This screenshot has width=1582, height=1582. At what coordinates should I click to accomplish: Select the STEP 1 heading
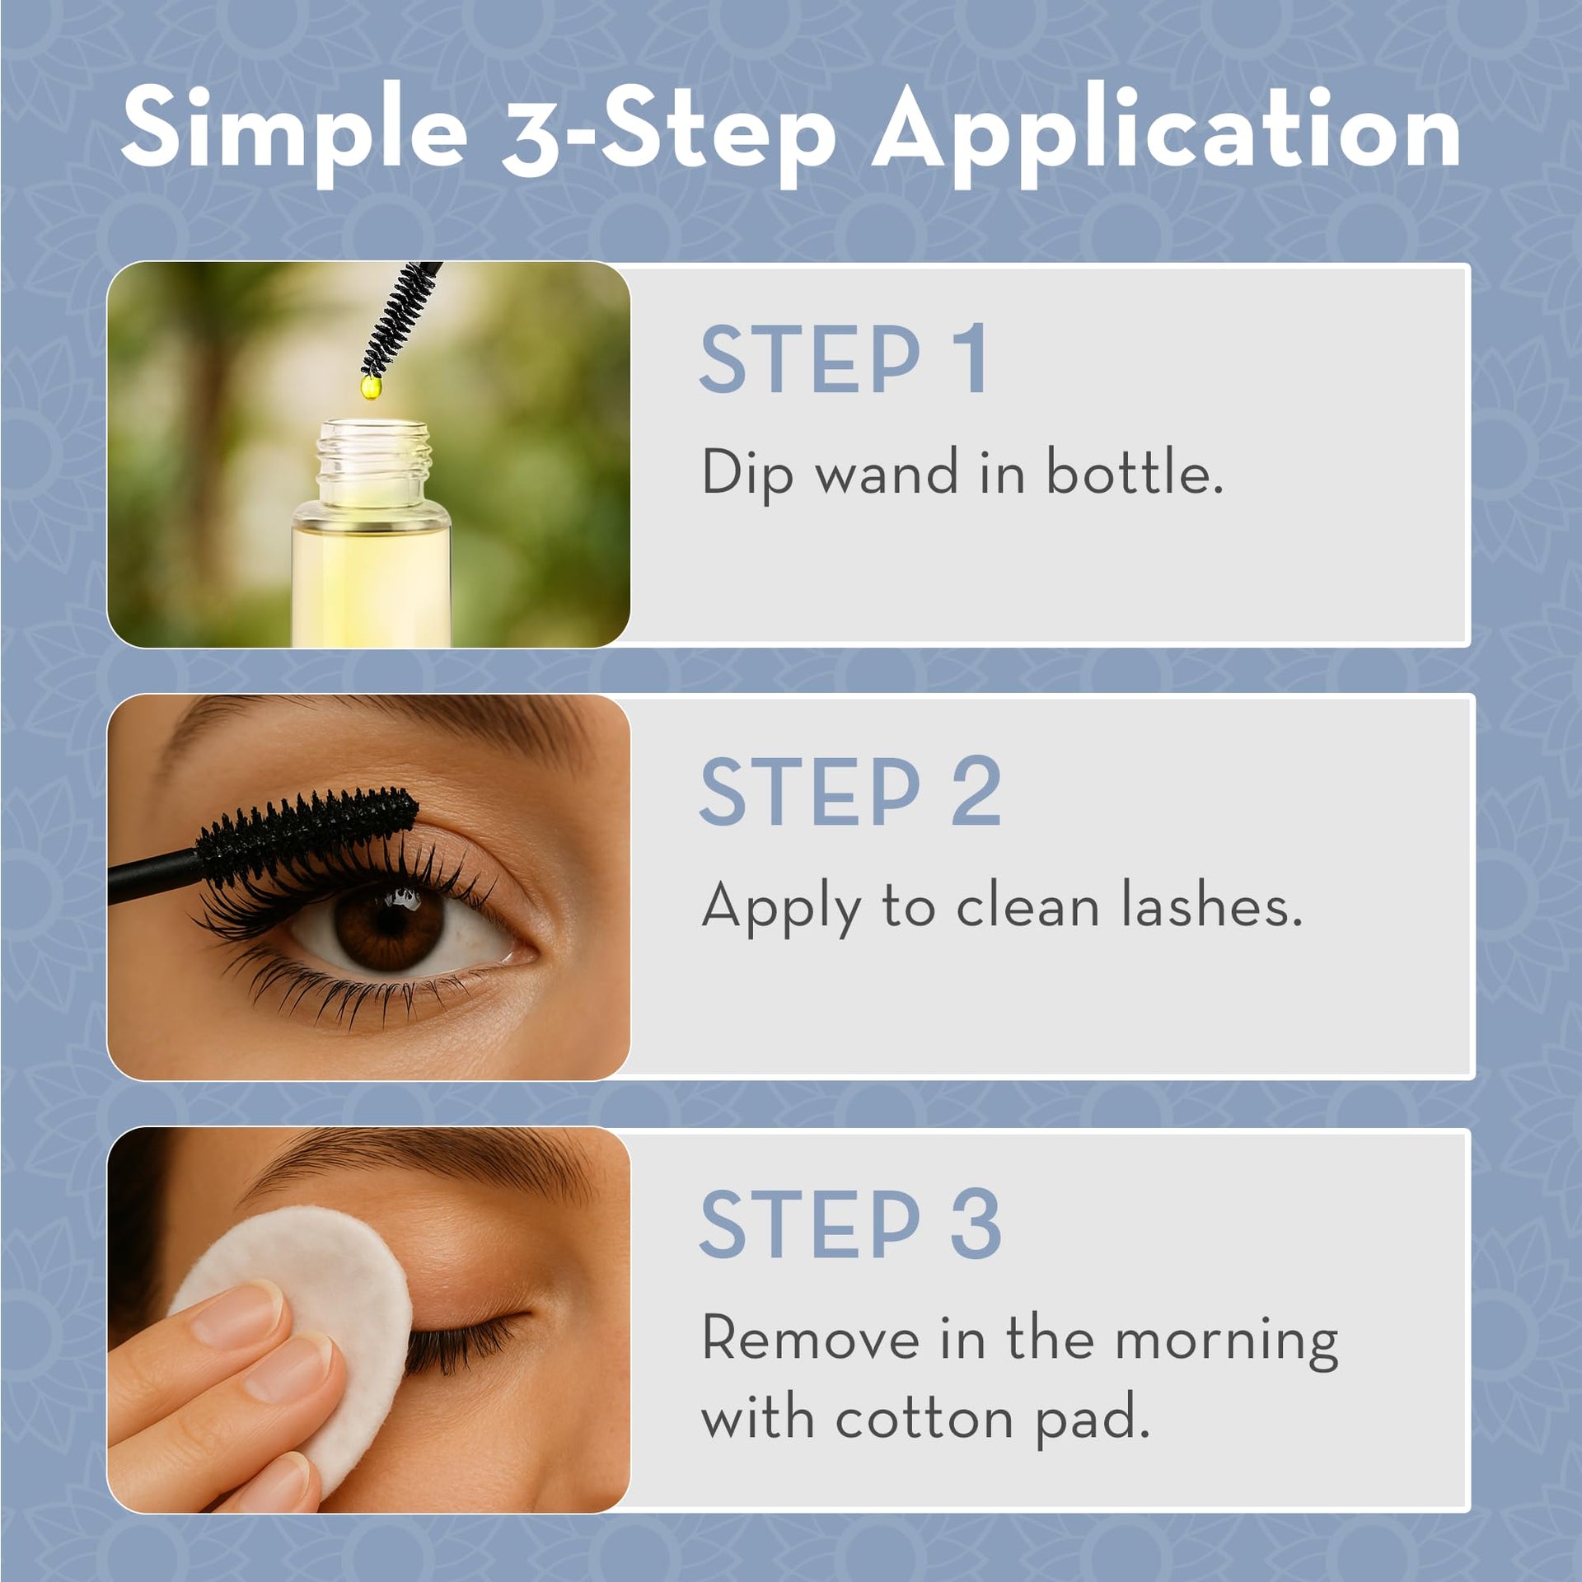click(844, 359)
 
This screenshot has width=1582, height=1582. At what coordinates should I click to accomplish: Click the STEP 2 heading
click(850, 792)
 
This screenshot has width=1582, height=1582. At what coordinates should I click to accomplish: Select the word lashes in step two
click(1212, 906)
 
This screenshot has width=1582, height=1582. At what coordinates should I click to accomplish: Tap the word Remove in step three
click(810, 1338)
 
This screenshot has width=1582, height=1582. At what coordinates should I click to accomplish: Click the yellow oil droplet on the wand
click(371, 386)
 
